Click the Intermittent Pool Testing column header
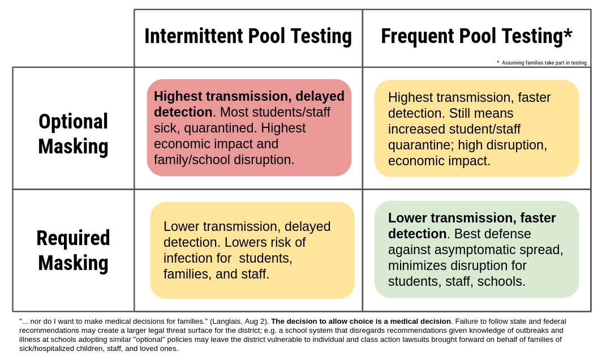pyautogui.click(x=248, y=36)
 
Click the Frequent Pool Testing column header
pyautogui.click(x=476, y=36)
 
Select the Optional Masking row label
pyautogui.click(x=74, y=134)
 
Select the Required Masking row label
pyautogui.click(x=74, y=251)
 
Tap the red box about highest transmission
pyautogui.click(x=249, y=127)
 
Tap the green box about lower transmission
pyautogui.click(x=476, y=250)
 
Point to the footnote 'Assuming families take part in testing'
pyautogui.click(x=544, y=63)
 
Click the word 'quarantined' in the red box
pyautogui.click(x=221, y=128)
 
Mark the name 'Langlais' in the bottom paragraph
pyautogui.click(x=226, y=321)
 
